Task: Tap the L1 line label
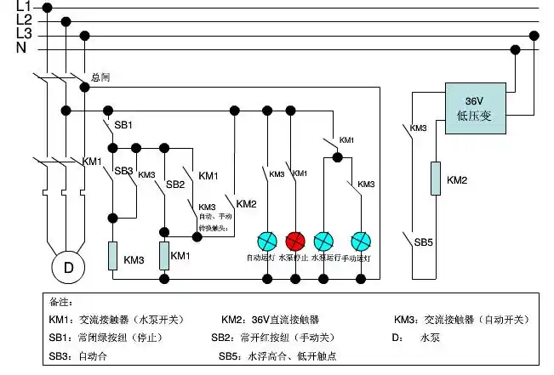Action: (x=24, y=7)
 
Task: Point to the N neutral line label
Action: (x=21, y=48)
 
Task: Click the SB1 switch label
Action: (x=123, y=125)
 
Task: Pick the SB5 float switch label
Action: (x=424, y=241)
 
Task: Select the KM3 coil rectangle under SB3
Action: (x=111, y=256)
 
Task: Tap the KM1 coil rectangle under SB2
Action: (x=164, y=256)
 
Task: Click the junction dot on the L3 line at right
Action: (x=534, y=36)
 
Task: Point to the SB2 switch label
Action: (x=175, y=184)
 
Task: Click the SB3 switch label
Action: (x=124, y=171)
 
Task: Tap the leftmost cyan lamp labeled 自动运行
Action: (x=268, y=240)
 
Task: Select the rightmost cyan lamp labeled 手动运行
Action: (x=361, y=240)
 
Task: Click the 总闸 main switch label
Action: (x=100, y=77)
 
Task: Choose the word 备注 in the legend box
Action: (x=60, y=302)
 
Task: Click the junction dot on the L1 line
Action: (x=47, y=8)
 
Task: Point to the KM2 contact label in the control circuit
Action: (x=246, y=204)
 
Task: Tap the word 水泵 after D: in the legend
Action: (x=429, y=338)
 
